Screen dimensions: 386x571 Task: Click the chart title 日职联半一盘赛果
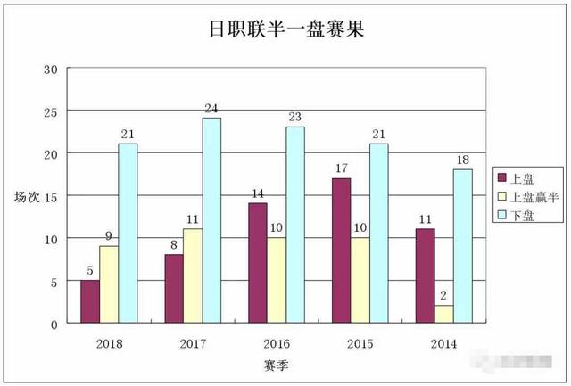click(x=286, y=29)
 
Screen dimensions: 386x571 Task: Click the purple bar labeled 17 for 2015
click(x=340, y=250)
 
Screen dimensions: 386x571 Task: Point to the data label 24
click(x=211, y=109)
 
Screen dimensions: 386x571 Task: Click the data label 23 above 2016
click(x=295, y=117)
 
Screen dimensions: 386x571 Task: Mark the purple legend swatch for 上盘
click(x=502, y=178)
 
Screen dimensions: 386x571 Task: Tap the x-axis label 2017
click(x=194, y=343)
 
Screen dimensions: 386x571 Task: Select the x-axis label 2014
click(x=443, y=343)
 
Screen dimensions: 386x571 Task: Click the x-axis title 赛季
click(x=276, y=365)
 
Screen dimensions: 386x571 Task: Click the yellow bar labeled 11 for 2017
click(x=193, y=275)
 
